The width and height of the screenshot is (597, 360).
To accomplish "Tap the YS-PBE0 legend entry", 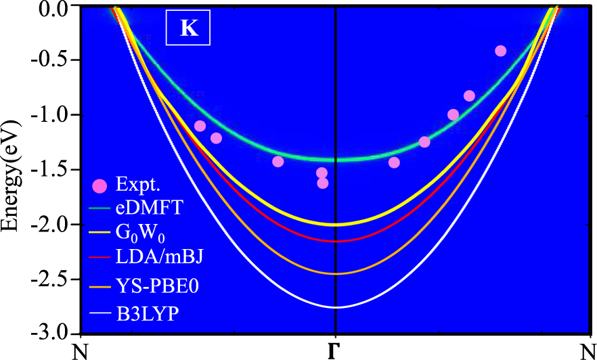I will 152,286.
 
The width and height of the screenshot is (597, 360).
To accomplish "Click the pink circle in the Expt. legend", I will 99,185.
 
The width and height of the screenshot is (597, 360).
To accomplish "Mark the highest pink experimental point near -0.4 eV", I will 501,51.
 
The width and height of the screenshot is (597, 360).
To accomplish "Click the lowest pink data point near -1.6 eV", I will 323,183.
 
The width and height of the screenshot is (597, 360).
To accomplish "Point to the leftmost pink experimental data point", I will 200,126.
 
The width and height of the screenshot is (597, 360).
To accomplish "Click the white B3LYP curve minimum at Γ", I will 336,307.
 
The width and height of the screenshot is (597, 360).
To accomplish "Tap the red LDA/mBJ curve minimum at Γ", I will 336,241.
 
